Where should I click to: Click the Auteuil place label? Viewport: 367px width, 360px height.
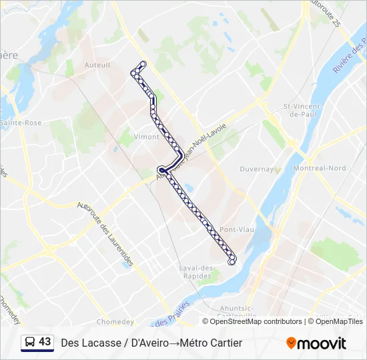(97, 65)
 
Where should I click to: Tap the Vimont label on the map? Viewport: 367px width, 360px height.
(147, 137)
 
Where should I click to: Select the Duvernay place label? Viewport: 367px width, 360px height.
(257, 169)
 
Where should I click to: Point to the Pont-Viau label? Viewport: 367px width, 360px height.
(237, 229)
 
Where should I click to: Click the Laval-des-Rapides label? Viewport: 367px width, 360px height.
(196, 273)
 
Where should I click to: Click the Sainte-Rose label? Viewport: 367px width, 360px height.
(21, 123)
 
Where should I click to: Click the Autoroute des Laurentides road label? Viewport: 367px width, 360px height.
(106, 233)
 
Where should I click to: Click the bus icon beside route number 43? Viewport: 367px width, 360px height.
(30, 343)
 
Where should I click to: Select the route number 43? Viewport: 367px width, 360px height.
(45, 342)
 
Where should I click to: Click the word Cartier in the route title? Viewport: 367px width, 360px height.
(227, 343)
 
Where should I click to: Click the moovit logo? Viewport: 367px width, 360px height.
(316, 343)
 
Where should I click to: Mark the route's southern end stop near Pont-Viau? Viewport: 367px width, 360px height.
(232, 262)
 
